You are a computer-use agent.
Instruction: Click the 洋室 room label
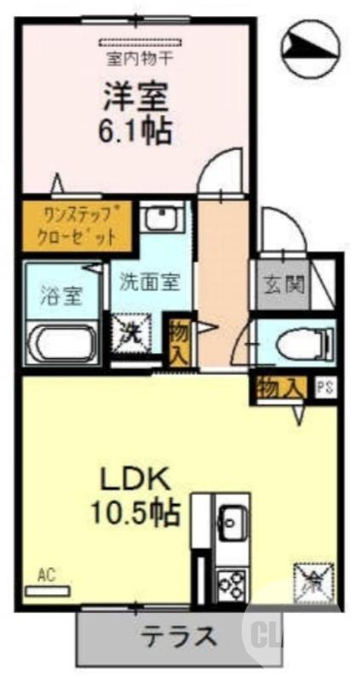point(136,95)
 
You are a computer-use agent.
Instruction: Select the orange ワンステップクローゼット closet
point(77,224)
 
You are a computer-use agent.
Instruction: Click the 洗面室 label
point(149,282)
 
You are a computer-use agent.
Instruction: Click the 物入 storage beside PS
point(278,387)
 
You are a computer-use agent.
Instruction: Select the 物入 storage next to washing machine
point(180,341)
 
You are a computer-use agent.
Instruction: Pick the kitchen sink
point(231,518)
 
